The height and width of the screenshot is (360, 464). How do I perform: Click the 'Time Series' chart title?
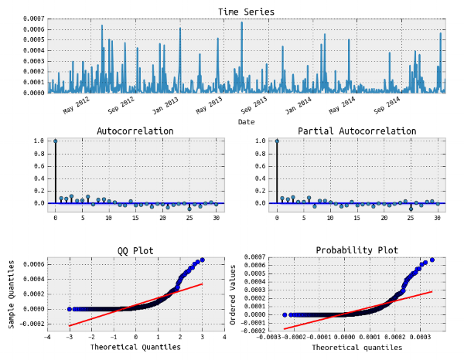click(247, 12)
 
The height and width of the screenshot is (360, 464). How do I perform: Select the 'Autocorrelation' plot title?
click(135, 131)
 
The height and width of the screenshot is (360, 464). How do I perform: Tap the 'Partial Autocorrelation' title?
click(357, 131)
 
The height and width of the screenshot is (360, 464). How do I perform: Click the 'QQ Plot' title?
click(135, 250)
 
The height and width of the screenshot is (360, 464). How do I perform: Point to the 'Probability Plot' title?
click(357, 250)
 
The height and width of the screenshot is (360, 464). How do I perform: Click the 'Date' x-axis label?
click(246, 122)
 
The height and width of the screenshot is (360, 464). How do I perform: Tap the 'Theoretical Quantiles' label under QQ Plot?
click(135, 348)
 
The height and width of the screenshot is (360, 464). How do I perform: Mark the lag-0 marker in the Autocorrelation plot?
click(55, 141)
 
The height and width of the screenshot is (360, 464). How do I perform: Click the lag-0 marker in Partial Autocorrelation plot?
click(277, 141)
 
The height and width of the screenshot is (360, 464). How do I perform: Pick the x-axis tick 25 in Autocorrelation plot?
click(189, 218)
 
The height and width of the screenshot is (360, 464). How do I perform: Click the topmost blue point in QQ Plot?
click(203, 260)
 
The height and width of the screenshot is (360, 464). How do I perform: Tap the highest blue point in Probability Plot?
click(432, 260)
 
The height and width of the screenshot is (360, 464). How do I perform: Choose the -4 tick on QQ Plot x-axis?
click(48, 337)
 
